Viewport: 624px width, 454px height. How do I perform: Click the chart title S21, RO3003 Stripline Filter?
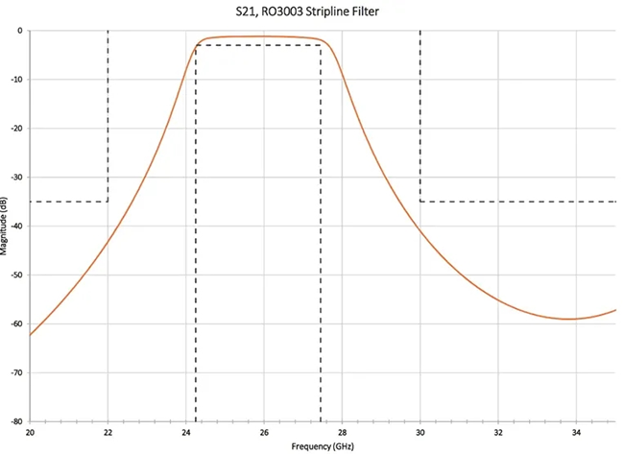313,11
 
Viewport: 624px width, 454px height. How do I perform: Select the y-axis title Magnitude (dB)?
6,227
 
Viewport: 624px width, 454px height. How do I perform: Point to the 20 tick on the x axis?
30,433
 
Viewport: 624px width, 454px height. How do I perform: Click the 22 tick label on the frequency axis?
108,433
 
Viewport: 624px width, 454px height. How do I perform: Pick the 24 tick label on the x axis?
185,433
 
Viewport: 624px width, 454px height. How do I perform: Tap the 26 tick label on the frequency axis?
264,433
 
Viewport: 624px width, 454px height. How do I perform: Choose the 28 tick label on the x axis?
342,433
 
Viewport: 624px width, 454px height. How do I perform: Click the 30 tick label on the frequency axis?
420,433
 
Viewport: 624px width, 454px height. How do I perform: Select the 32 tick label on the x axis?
497,433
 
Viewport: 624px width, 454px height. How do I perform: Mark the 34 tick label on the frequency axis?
576,433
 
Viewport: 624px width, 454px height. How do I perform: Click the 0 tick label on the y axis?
19,30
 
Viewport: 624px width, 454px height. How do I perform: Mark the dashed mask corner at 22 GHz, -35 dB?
108,202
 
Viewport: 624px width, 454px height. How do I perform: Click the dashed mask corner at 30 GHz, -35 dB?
420,202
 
